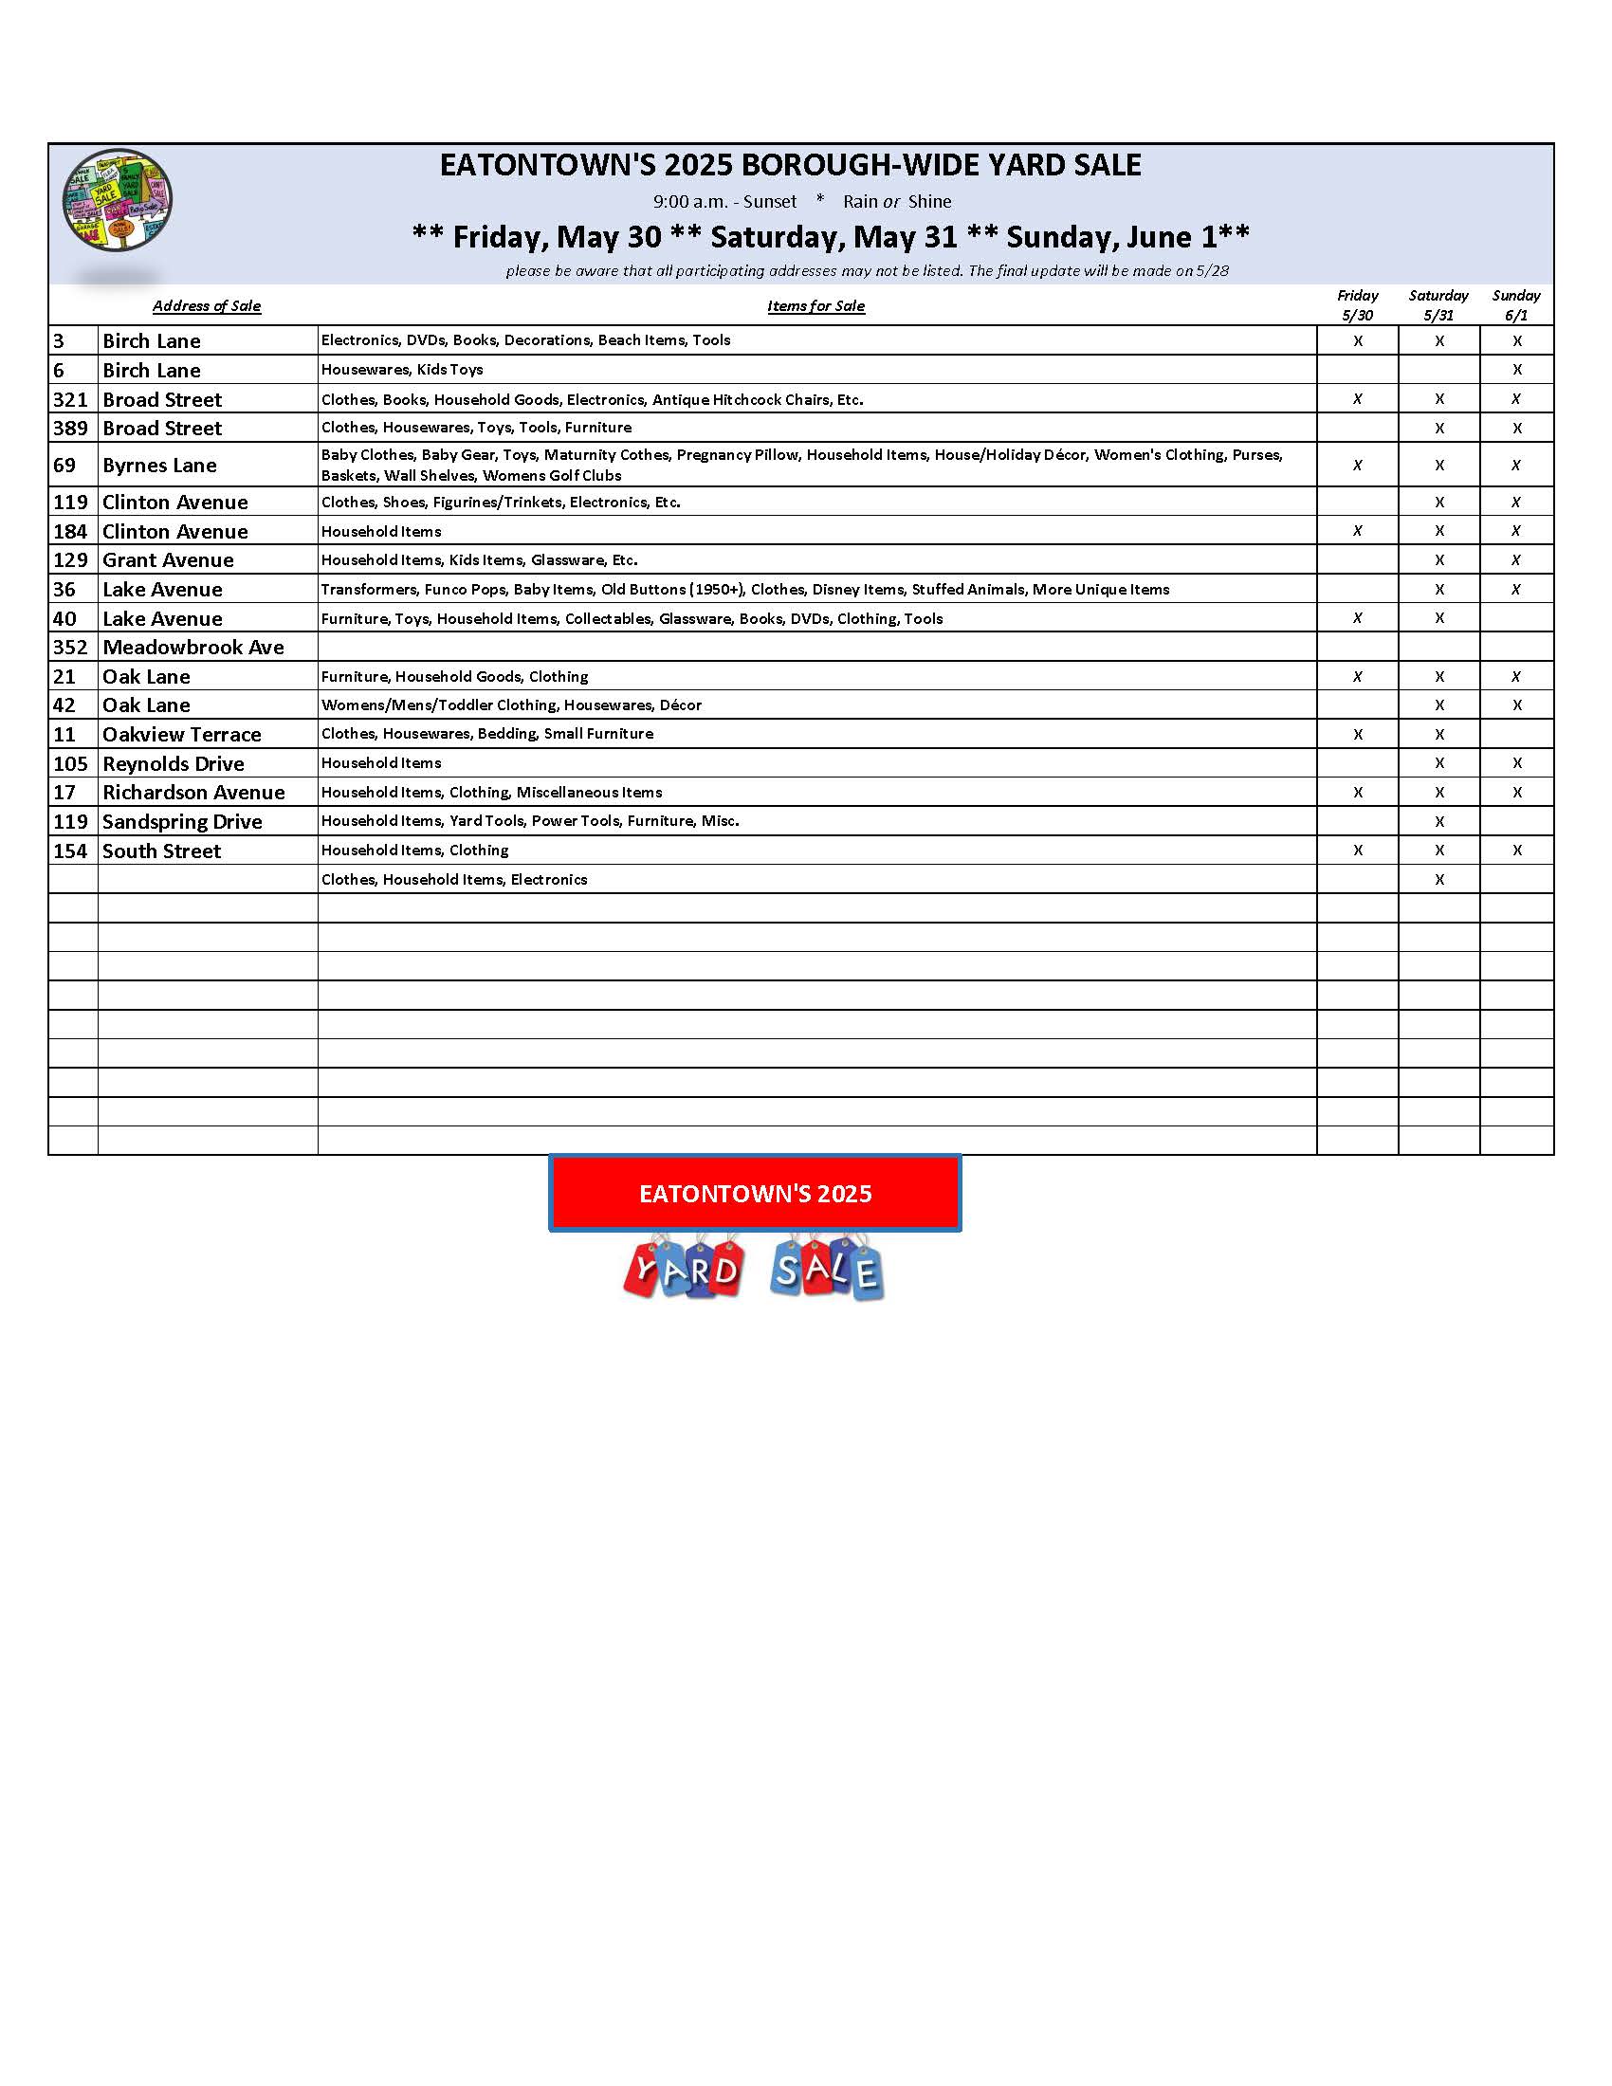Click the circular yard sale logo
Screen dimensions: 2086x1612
[x=118, y=201]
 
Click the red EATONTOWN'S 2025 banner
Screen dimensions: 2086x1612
[x=755, y=1193]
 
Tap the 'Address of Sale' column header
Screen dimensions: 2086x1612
[x=207, y=305]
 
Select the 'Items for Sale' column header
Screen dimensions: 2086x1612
[x=815, y=305]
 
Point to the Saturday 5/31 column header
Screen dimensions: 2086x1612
[x=1438, y=304]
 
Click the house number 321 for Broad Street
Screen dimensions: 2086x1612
[x=71, y=399]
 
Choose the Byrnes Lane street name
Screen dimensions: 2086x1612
[x=159, y=466]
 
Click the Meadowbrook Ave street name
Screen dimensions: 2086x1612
[x=192, y=647]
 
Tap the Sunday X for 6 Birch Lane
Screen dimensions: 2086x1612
[x=1516, y=370]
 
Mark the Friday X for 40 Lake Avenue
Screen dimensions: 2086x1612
[x=1357, y=618]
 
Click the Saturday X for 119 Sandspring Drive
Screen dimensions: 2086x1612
[x=1439, y=821]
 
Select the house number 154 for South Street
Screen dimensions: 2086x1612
[x=71, y=851]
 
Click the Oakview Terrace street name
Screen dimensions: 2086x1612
[x=181, y=734]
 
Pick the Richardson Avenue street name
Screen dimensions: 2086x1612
[x=193, y=792]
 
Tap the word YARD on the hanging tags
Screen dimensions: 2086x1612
[x=685, y=1271]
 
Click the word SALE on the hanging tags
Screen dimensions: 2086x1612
[x=827, y=1271]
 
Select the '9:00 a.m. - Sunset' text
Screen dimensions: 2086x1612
[x=724, y=202]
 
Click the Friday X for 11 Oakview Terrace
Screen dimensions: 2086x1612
[x=1357, y=735]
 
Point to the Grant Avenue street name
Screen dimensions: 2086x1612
[x=168, y=559]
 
